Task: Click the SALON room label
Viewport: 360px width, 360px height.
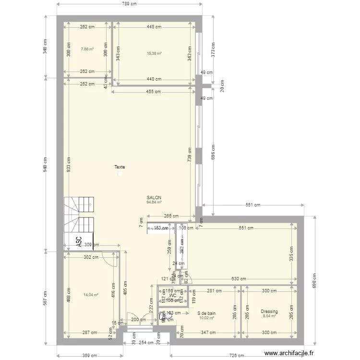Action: click(x=154, y=197)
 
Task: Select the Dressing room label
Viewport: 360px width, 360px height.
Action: click(x=269, y=312)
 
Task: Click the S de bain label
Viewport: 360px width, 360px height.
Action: click(x=206, y=313)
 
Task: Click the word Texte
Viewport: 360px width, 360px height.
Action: click(x=120, y=167)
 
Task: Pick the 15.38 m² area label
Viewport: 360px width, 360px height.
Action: click(x=154, y=53)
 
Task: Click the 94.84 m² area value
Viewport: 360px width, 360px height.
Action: click(x=154, y=202)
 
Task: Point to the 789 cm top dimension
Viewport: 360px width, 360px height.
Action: click(x=130, y=4)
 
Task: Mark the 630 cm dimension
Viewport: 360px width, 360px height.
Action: click(x=239, y=279)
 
